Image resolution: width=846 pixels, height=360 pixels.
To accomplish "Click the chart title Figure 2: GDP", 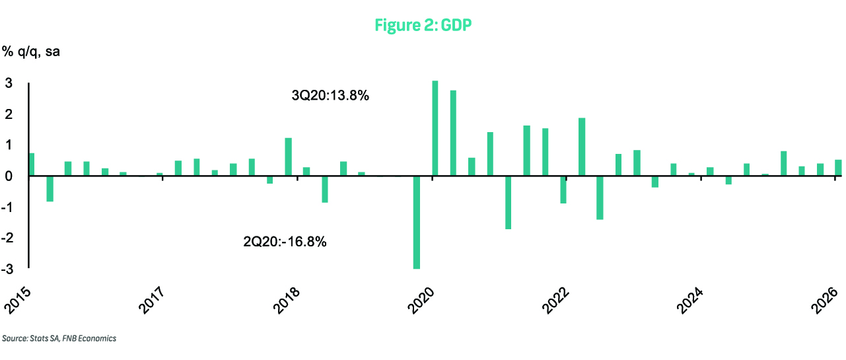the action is tap(423, 25).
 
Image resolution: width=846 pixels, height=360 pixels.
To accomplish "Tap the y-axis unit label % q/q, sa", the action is tap(31, 52).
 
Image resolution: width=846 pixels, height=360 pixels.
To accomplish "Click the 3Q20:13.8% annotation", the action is tap(330, 96).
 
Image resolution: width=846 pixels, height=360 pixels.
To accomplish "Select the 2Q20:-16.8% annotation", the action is tap(285, 241).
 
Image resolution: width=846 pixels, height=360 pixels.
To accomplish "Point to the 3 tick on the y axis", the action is tap(9, 83).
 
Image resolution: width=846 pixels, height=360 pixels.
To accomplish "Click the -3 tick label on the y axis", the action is tap(7, 269).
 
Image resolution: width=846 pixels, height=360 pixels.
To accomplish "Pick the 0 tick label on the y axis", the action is tap(9, 176).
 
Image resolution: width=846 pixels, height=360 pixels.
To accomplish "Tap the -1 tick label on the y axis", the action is tap(7, 207).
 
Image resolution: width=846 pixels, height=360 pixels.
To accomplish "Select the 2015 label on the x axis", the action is tap(17, 301).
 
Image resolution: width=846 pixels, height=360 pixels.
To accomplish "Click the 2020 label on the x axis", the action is tap(421, 301).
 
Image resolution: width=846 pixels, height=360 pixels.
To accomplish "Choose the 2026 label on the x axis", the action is tap(824, 301).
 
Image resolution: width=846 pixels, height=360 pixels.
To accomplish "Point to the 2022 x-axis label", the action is tap(555, 301).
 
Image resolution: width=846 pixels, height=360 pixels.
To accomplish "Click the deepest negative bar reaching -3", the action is tap(417, 223).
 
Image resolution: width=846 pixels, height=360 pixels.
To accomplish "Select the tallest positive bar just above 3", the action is tap(435, 128).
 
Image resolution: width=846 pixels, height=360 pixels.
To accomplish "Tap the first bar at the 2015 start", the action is tap(31, 164).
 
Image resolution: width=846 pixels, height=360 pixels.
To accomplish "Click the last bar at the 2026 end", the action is tap(838, 168).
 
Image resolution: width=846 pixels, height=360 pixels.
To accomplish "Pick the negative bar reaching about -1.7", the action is tap(509, 203).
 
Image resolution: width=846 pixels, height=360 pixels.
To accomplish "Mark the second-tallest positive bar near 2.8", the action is tap(453, 133).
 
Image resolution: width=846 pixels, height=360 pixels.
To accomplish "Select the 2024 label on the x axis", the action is tap(690, 301).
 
